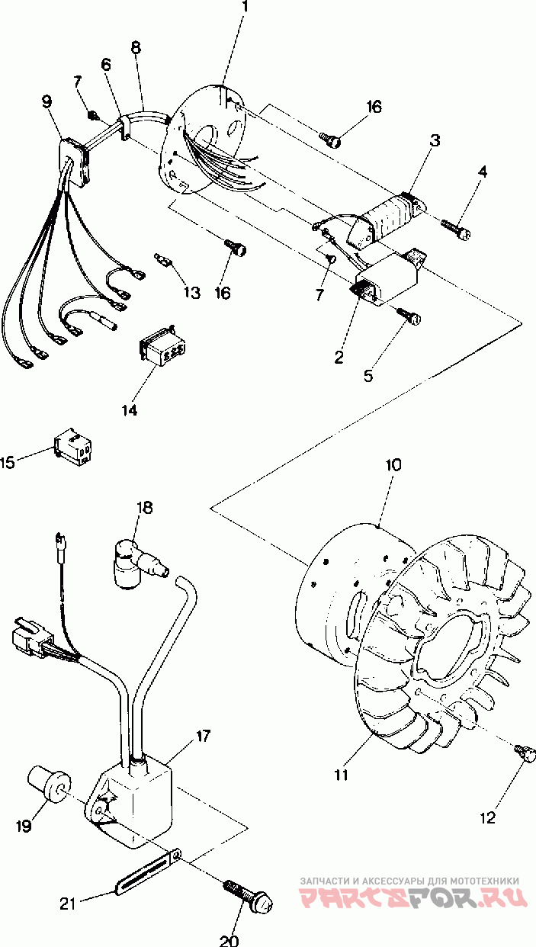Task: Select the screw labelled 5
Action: pyautogui.click(x=412, y=316)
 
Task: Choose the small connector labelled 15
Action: pyautogui.click(x=75, y=451)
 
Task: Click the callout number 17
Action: pyautogui.click(x=203, y=737)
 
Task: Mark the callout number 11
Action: pyautogui.click(x=341, y=774)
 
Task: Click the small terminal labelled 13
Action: pyautogui.click(x=162, y=259)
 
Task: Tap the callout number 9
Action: pyautogui.click(x=47, y=100)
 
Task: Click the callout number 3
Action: pyautogui.click(x=435, y=140)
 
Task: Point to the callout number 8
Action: pyautogui.click(x=136, y=47)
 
